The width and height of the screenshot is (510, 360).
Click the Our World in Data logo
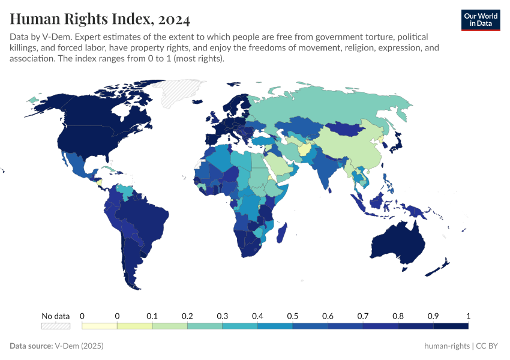tap(480, 20)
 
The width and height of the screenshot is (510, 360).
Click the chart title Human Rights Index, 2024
tap(100, 20)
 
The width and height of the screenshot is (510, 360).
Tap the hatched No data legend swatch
tap(55, 326)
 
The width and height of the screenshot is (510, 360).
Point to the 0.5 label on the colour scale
tap(293, 316)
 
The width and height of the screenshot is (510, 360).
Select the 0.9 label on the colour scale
tap(433, 316)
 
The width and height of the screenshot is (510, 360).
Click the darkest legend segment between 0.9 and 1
tap(451, 326)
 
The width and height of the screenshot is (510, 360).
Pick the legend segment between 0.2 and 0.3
tap(205, 326)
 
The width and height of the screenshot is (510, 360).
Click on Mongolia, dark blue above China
tap(348, 129)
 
